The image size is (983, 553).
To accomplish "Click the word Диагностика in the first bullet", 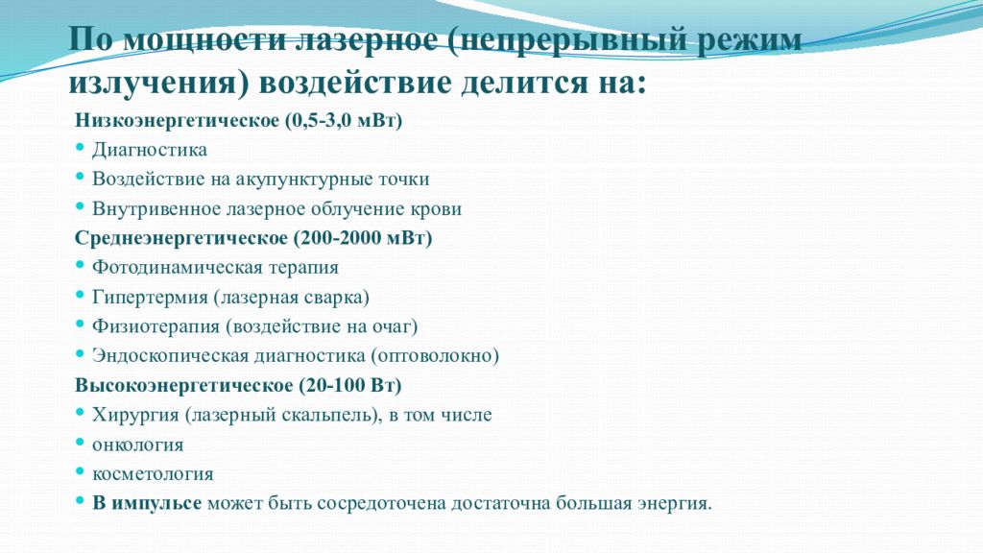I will point(150,151).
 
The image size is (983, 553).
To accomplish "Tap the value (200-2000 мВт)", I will point(365,237).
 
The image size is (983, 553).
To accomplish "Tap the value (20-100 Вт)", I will point(349,385).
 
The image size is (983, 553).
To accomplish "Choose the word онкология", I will point(137,445).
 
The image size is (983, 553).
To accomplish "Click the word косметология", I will point(153,474).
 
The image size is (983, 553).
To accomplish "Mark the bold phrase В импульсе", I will point(147,503).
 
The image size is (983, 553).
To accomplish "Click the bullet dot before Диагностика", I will point(80,151).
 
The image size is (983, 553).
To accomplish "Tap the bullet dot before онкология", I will point(80,445).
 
